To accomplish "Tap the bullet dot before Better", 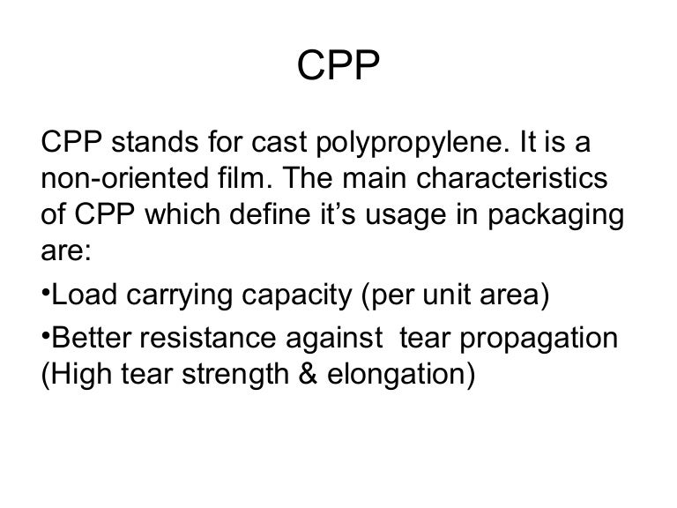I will [x=47, y=338].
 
